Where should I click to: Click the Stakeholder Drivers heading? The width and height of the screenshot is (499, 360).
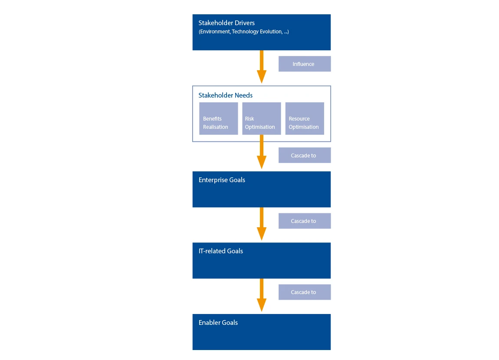227,23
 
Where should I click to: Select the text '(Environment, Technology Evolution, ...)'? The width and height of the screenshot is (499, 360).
244,32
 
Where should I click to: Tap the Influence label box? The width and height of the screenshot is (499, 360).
305,64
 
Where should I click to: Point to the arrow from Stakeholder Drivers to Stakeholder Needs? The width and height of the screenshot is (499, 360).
262,67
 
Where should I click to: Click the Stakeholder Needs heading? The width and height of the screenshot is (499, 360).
225,95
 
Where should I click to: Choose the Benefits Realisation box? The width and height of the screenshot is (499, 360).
219,118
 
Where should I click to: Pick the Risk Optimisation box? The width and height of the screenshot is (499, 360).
262,118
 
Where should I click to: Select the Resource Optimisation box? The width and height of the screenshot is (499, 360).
305,118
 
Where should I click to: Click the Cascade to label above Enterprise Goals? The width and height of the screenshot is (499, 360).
305,155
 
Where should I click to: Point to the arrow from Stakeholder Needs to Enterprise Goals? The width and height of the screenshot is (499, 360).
262,152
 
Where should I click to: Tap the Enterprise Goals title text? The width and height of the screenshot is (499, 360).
222,180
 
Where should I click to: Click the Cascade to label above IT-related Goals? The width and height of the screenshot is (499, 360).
305,221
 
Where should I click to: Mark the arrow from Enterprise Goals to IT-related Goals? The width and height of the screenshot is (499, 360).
262,224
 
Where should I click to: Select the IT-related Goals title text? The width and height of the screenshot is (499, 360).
220,251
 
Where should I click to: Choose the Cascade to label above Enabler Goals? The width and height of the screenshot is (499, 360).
305,292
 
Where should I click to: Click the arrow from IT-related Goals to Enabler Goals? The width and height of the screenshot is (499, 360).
262,295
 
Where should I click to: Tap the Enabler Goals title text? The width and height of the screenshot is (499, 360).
218,322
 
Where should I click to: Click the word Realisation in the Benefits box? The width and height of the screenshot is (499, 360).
216,127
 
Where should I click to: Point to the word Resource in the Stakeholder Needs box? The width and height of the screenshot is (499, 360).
299,118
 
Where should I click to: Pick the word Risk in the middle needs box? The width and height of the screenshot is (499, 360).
249,118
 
